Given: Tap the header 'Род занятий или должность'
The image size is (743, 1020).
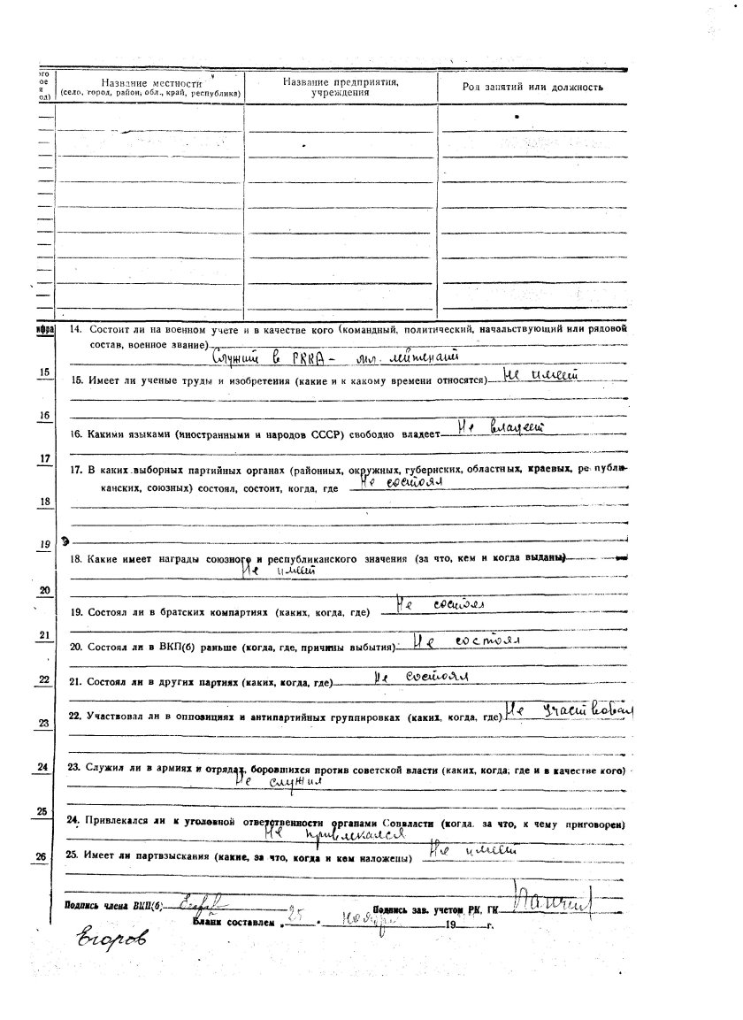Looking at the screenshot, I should (x=532, y=87).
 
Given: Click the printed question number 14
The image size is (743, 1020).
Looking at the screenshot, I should (x=75, y=329).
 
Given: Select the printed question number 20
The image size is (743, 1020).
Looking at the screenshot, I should (x=76, y=647).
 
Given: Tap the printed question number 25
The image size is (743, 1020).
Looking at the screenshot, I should (x=74, y=856).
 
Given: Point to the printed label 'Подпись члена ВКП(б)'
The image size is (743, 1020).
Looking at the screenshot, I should (x=114, y=905).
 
